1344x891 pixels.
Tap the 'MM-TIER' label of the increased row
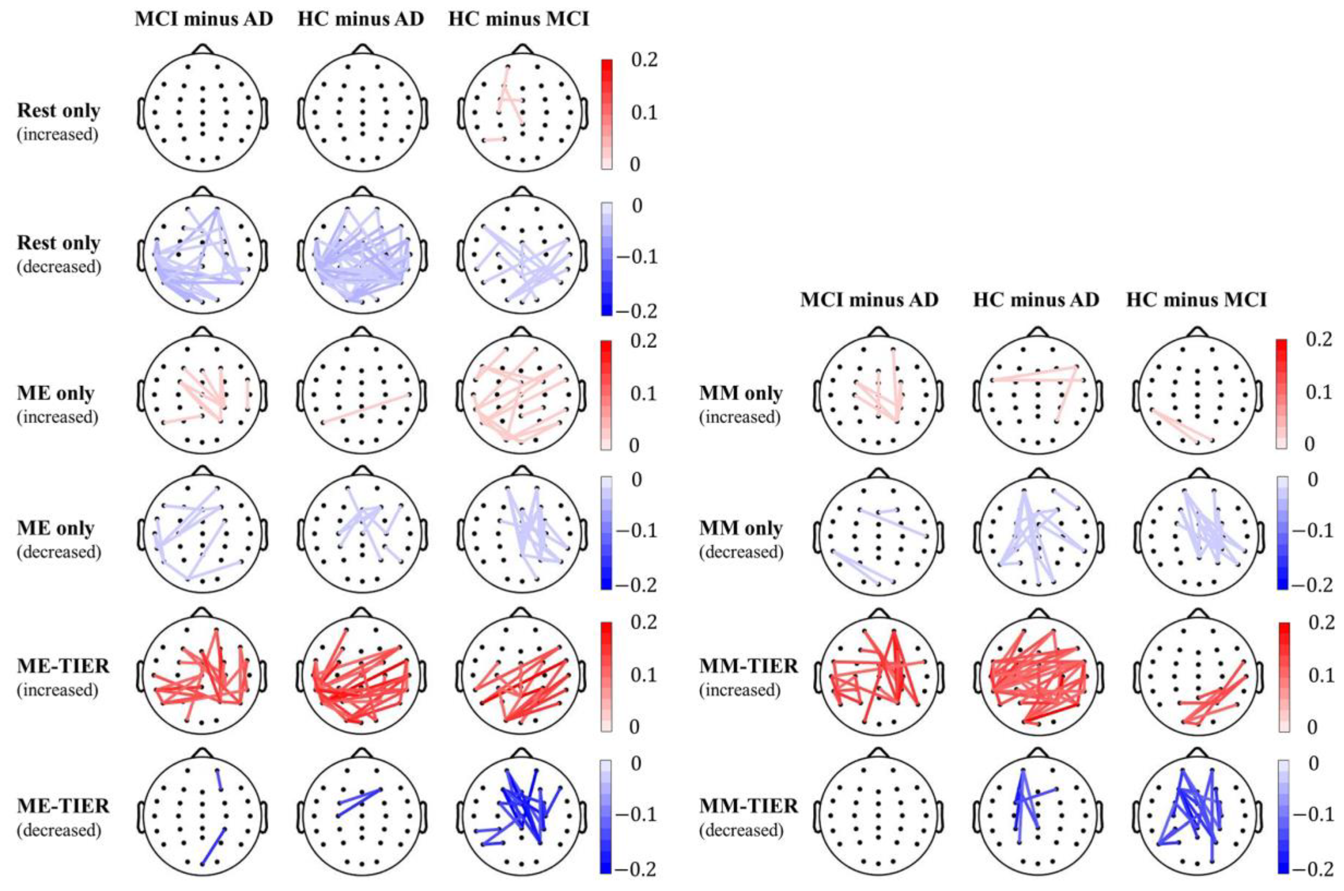pyautogui.click(x=748, y=665)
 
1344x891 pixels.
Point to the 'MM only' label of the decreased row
pyautogui.click(x=741, y=528)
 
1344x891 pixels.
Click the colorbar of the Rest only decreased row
pyautogui.click(x=606, y=259)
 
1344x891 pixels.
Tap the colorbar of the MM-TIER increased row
pyautogui.click(x=1283, y=677)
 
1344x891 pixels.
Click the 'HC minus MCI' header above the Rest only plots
pyautogui.click(x=518, y=19)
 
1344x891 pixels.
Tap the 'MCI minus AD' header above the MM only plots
pyautogui.click(x=869, y=299)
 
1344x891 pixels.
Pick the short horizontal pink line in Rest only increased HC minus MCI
pyautogui.click(x=494, y=139)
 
